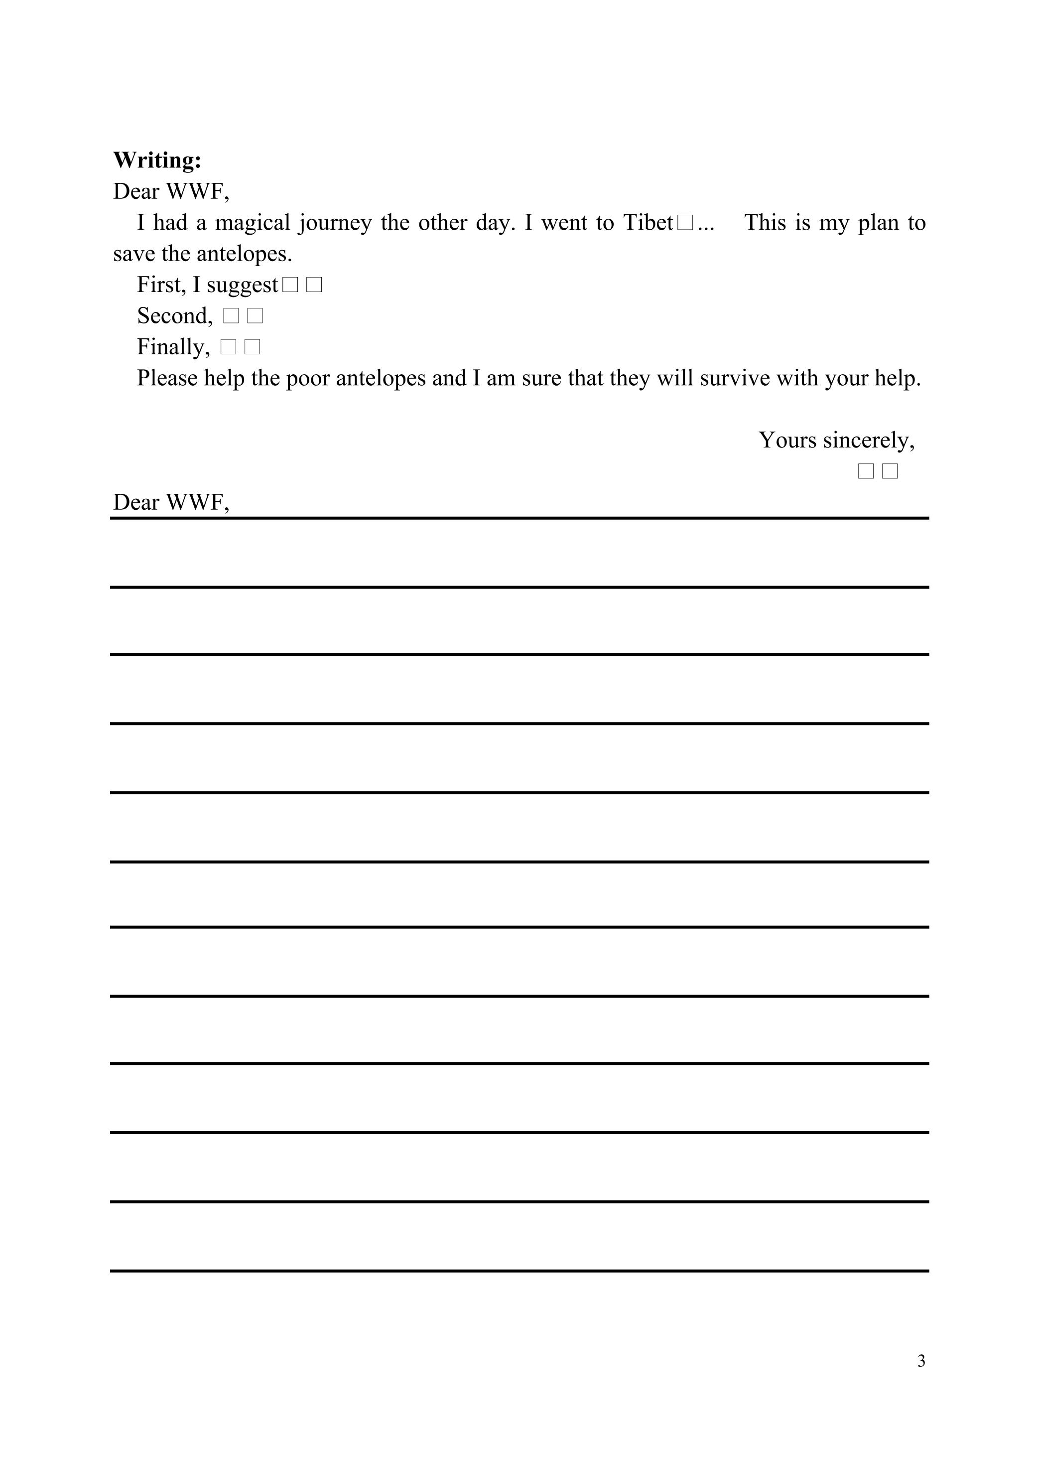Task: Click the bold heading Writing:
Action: [157, 160]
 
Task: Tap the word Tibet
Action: [648, 223]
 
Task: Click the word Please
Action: [168, 378]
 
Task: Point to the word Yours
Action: [787, 441]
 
